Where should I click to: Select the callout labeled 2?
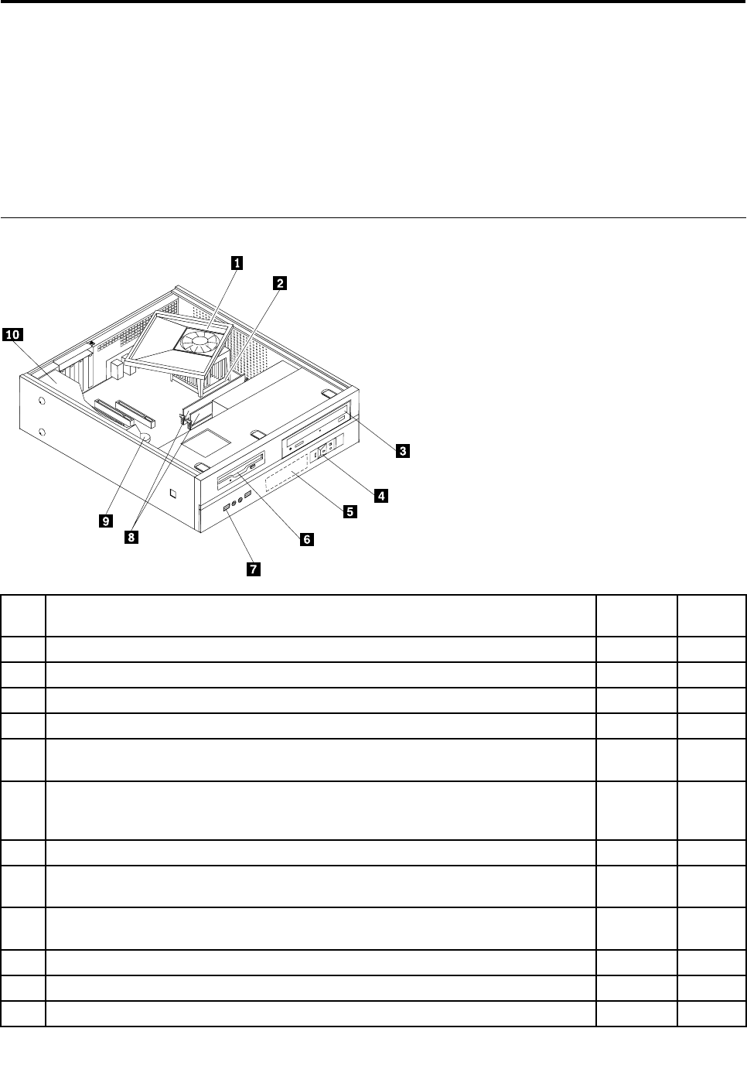click(280, 283)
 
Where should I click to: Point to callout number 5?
click(350, 511)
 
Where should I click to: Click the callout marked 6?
click(306, 539)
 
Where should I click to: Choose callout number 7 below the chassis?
click(252, 570)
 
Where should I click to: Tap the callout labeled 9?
click(104, 521)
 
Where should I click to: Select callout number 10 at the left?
click(12, 334)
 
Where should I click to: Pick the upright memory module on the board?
click(198, 411)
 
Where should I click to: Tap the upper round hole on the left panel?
click(41, 401)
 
